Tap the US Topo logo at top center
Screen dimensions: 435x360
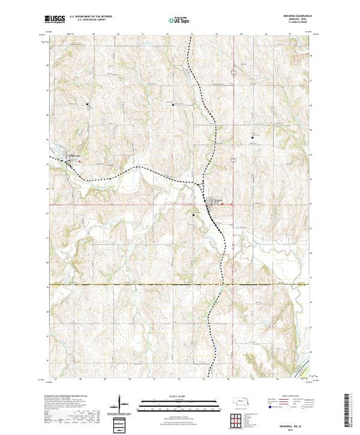pos(179,18)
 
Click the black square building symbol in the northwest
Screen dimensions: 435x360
pos(88,105)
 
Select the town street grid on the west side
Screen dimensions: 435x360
pos(70,161)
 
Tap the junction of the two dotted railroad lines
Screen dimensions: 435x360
pos(200,183)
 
